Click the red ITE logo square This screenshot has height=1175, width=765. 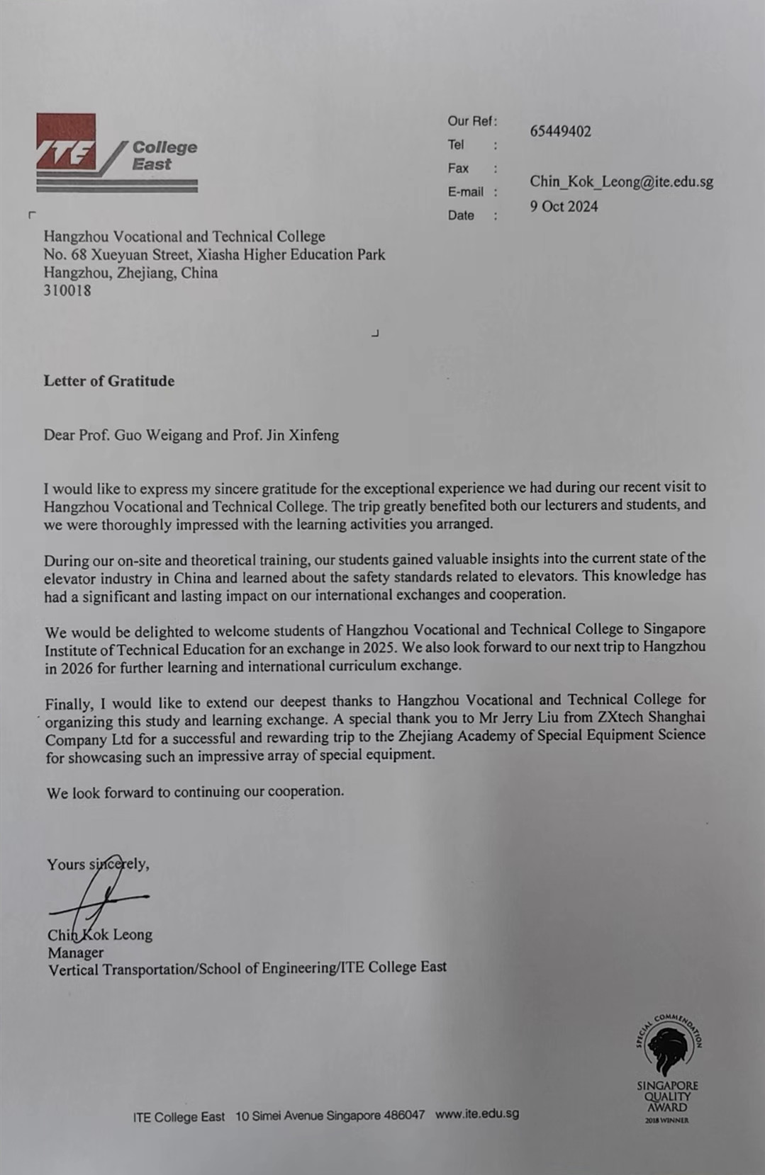pyautogui.click(x=66, y=142)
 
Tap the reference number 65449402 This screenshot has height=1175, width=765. pyautogui.click(x=560, y=132)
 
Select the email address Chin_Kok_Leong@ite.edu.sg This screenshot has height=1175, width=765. pyautogui.click(x=621, y=181)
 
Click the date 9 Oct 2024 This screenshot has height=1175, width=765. pyautogui.click(x=564, y=207)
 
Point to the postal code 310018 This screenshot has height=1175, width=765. pyautogui.click(x=67, y=290)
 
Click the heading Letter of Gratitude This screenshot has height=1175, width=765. pyautogui.click(x=108, y=381)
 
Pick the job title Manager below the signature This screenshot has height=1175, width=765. pyautogui.click(x=76, y=953)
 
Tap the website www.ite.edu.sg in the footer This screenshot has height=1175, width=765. pyautogui.click(x=476, y=1113)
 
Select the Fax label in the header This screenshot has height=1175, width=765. pyautogui.click(x=458, y=169)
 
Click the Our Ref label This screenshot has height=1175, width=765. pyautogui.click(x=471, y=121)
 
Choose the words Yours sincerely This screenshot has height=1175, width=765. pyautogui.click(x=98, y=864)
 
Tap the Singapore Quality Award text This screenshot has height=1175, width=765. pyautogui.click(x=667, y=1096)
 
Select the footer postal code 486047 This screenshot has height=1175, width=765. pyautogui.click(x=404, y=1115)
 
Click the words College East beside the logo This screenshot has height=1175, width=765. pyautogui.click(x=163, y=156)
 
